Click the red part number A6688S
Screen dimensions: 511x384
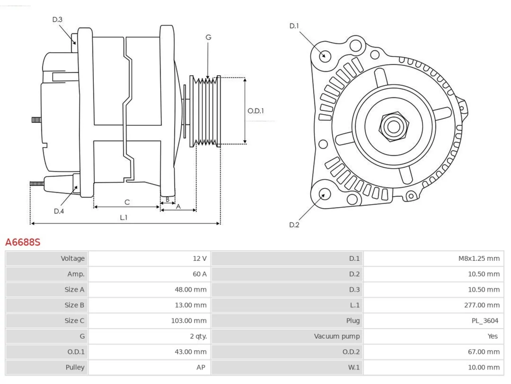pyautogui.click(x=23, y=242)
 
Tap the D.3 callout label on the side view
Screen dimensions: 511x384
pyautogui.click(x=57, y=20)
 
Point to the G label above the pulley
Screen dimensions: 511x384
pyautogui.click(x=208, y=37)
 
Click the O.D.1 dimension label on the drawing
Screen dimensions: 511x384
pyautogui.click(x=255, y=111)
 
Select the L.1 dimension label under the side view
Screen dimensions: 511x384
pyautogui.click(x=124, y=218)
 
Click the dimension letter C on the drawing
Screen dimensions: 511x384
pyautogui.click(x=127, y=202)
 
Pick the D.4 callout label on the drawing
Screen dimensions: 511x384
pyautogui.click(x=59, y=211)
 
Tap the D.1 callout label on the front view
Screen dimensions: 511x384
pyautogui.click(x=294, y=26)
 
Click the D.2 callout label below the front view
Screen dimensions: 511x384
pyautogui.click(x=294, y=225)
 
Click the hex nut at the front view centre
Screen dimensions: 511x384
pyautogui.click(x=394, y=127)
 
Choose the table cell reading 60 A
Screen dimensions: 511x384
pyautogui.click(x=200, y=274)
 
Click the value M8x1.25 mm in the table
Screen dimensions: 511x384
pyautogui.click(x=479, y=258)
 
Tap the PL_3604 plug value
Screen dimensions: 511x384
pyautogui.click(x=485, y=320)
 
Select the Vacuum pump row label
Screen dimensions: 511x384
pyautogui.click(x=337, y=336)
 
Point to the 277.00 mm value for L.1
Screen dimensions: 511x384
pyautogui.click(x=482, y=305)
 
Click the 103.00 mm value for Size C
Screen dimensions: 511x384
pyautogui.click(x=188, y=320)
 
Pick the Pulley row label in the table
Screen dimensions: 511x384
pyautogui.click(x=75, y=367)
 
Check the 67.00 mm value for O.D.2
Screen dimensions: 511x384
pyautogui.click(x=483, y=352)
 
